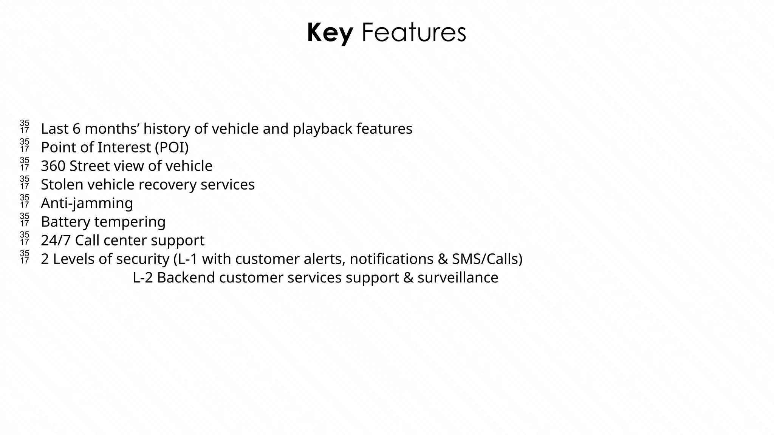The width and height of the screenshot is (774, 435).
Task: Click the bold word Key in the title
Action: [x=330, y=33]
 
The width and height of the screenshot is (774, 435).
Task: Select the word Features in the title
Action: [x=413, y=33]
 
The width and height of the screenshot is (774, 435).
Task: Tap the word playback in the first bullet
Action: [x=322, y=129]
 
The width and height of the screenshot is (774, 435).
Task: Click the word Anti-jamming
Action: [x=87, y=204]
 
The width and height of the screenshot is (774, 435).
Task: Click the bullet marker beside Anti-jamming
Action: [x=25, y=201]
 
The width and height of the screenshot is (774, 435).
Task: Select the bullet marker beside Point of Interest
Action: [x=25, y=145]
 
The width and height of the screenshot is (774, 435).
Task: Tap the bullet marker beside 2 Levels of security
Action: [x=25, y=257]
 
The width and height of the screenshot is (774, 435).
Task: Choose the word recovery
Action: [x=167, y=185]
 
